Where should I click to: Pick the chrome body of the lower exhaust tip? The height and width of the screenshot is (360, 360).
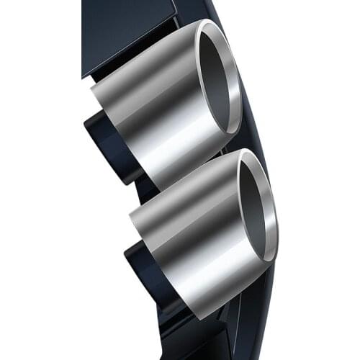194,230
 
